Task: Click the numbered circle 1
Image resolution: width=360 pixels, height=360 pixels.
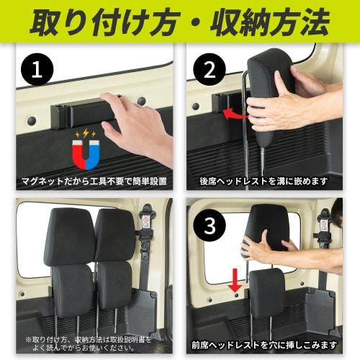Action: click(x=37, y=69)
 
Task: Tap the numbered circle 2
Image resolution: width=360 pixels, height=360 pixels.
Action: click(x=210, y=70)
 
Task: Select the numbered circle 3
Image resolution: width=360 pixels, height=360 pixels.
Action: click(x=210, y=225)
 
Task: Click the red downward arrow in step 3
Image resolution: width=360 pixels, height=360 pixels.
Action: click(x=235, y=280)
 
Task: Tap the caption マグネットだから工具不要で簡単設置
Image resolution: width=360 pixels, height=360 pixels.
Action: click(x=94, y=181)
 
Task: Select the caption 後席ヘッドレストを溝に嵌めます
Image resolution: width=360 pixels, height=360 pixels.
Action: click(x=264, y=181)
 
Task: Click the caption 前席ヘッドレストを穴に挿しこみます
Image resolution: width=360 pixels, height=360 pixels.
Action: click(x=264, y=346)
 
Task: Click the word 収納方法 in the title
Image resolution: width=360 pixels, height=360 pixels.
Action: click(x=269, y=22)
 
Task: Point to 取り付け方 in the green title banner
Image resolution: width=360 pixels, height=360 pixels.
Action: click(x=105, y=22)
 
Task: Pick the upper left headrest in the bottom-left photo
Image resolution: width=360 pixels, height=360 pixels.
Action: click(x=69, y=236)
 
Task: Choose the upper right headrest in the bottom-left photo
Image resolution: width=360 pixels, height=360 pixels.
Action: click(x=114, y=235)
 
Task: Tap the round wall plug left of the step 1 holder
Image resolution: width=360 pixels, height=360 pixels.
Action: click(x=32, y=120)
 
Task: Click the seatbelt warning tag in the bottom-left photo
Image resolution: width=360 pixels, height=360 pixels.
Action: click(x=145, y=222)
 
